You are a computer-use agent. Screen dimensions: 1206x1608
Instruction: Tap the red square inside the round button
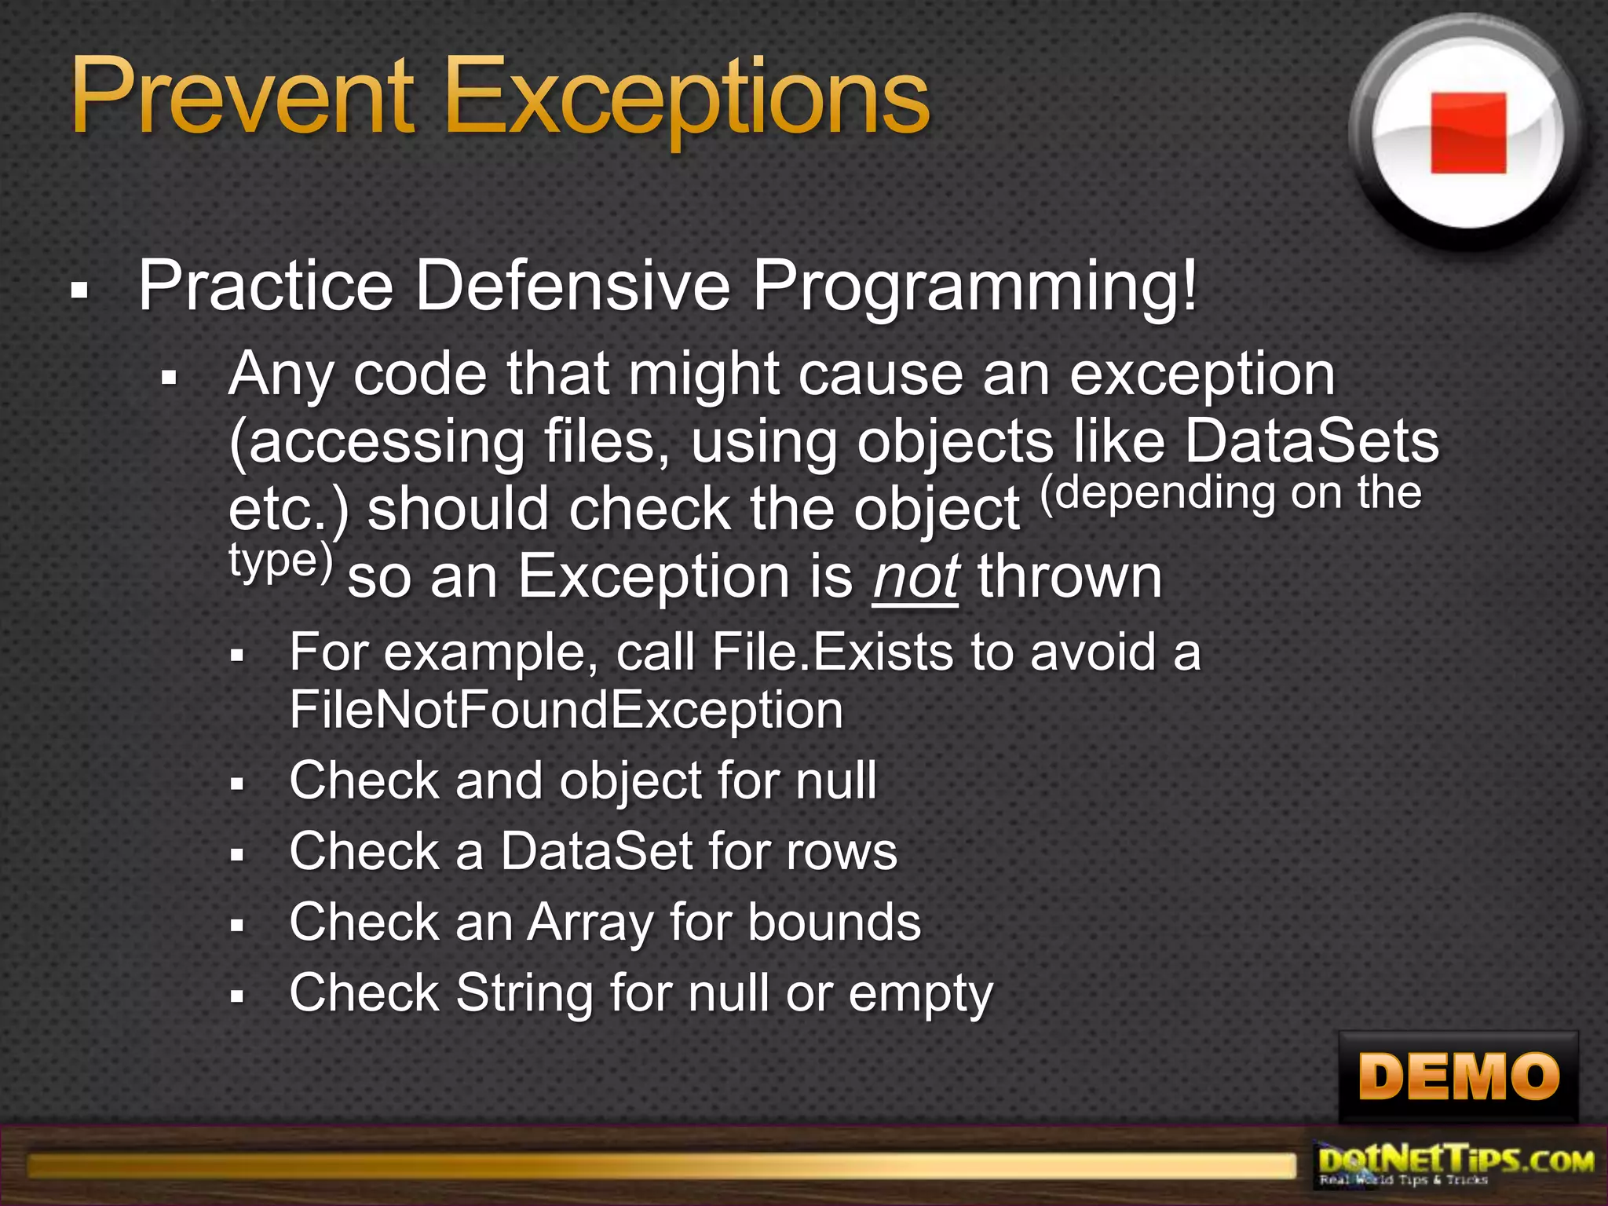[x=1467, y=133]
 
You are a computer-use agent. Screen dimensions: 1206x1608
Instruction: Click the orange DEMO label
[x=1458, y=1076]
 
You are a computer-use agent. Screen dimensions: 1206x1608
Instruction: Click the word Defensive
[x=572, y=286]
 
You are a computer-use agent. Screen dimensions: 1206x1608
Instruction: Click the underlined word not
[x=915, y=577]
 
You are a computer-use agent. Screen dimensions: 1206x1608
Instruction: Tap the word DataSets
[x=1311, y=441]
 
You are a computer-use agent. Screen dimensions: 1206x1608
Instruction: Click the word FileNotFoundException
[x=566, y=710]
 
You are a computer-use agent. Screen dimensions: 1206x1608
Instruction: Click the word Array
[x=590, y=923]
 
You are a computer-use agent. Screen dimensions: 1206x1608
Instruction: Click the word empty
[x=920, y=995]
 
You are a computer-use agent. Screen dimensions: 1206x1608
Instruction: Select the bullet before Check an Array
[x=238, y=926]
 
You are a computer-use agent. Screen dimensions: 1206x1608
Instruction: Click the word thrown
[x=1069, y=577]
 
